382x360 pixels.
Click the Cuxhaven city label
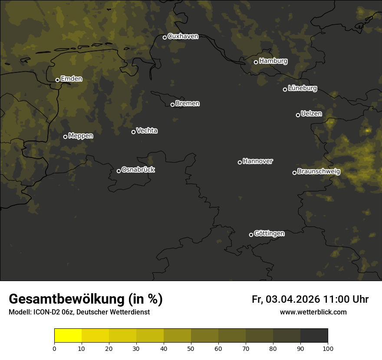(x=183, y=36)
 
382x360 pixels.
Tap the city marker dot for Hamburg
(x=256, y=62)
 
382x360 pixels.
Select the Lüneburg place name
(x=302, y=88)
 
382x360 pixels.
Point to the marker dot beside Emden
(x=57, y=80)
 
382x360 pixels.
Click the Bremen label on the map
(x=188, y=104)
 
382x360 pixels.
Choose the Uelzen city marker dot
(x=298, y=115)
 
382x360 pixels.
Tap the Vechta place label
(x=147, y=131)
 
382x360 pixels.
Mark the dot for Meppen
(x=65, y=137)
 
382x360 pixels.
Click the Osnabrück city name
(x=138, y=170)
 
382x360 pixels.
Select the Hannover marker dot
(x=240, y=162)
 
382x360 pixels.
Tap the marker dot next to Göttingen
(x=251, y=235)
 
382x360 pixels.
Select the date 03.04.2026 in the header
(x=293, y=299)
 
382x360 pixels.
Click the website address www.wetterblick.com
(x=313, y=312)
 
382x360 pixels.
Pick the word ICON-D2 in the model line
(x=43, y=312)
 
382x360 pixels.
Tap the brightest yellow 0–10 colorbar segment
(x=68, y=336)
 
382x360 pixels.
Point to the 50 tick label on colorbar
(x=191, y=348)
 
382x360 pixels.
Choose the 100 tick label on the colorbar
(x=327, y=348)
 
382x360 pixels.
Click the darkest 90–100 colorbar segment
(x=314, y=336)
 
